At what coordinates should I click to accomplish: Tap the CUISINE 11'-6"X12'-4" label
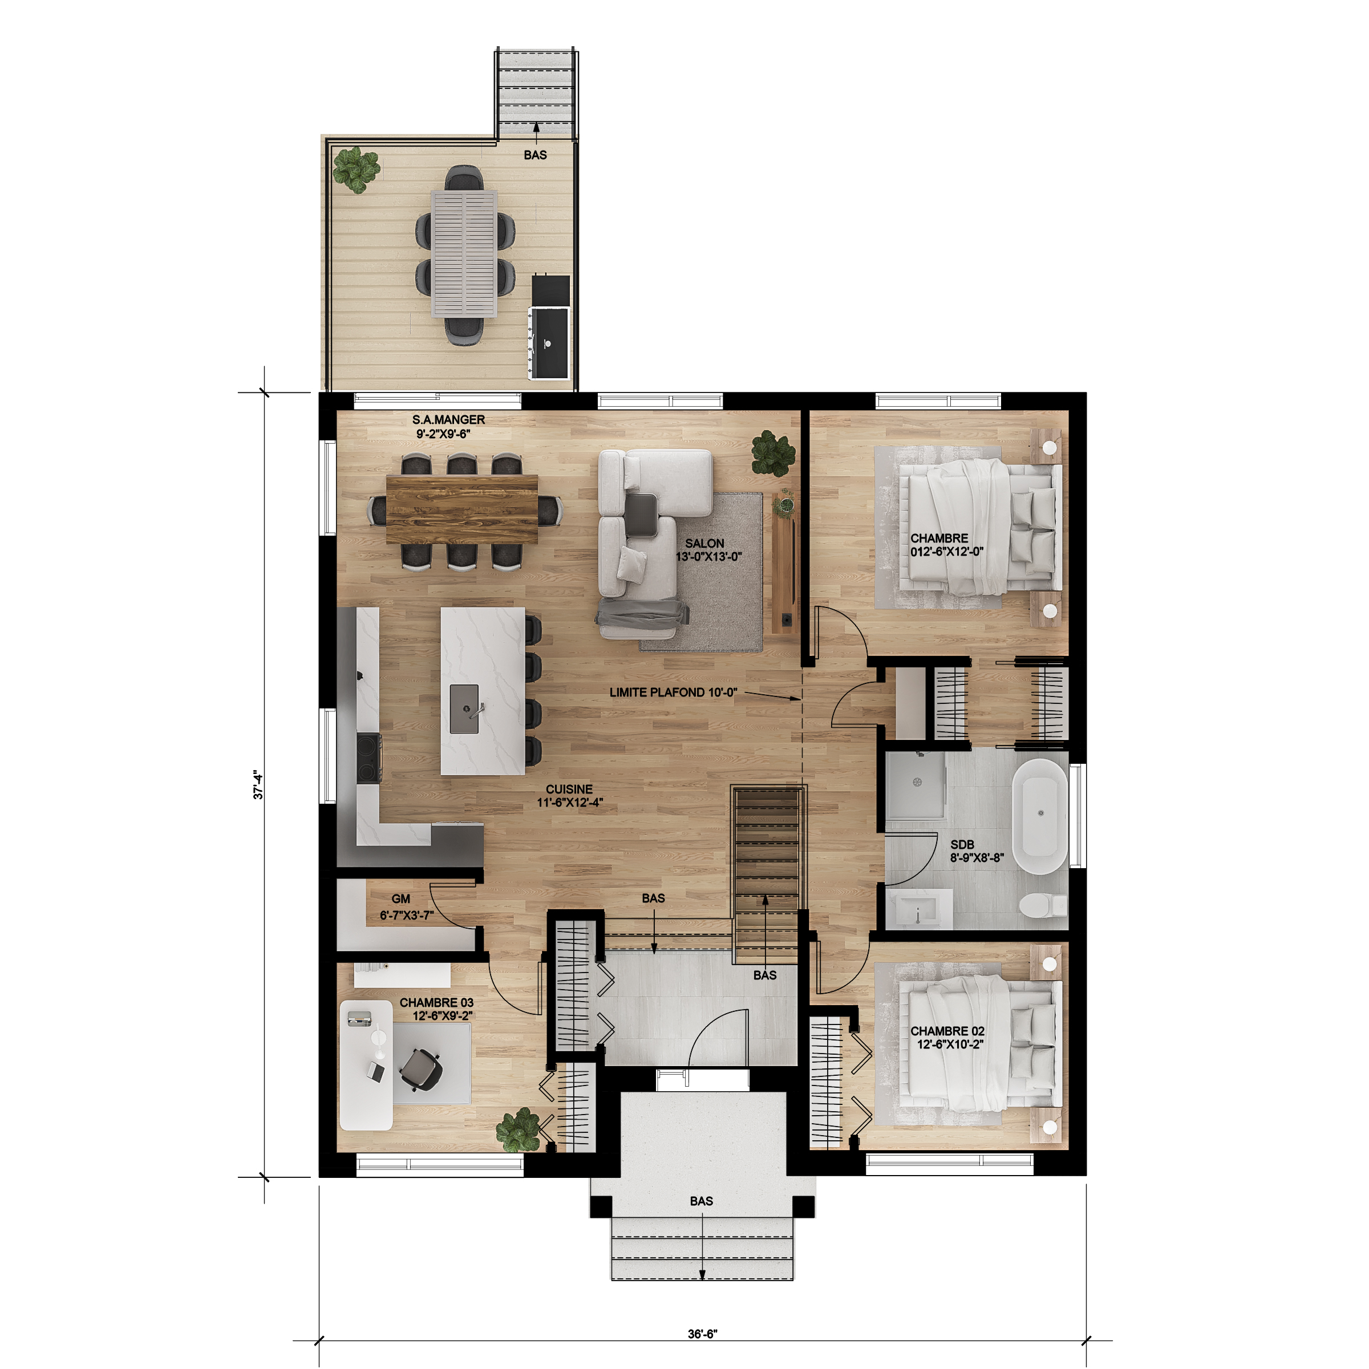(x=570, y=796)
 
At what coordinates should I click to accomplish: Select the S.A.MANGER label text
(x=448, y=419)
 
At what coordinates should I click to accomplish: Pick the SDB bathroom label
(x=962, y=845)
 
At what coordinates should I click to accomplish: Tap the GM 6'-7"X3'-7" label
(x=407, y=907)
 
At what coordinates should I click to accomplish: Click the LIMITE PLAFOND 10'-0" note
(x=673, y=692)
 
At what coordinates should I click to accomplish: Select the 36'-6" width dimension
(x=702, y=1334)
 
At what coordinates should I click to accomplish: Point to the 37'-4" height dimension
(x=258, y=785)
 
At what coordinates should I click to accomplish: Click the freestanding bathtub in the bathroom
(x=1039, y=817)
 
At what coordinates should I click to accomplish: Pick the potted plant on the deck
(x=357, y=170)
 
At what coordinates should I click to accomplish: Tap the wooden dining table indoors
(x=462, y=509)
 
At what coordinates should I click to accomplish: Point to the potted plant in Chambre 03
(x=519, y=1129)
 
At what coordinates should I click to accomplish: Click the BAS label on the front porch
(x=702, y=1201)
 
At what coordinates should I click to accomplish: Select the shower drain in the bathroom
(x=917, y=782)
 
